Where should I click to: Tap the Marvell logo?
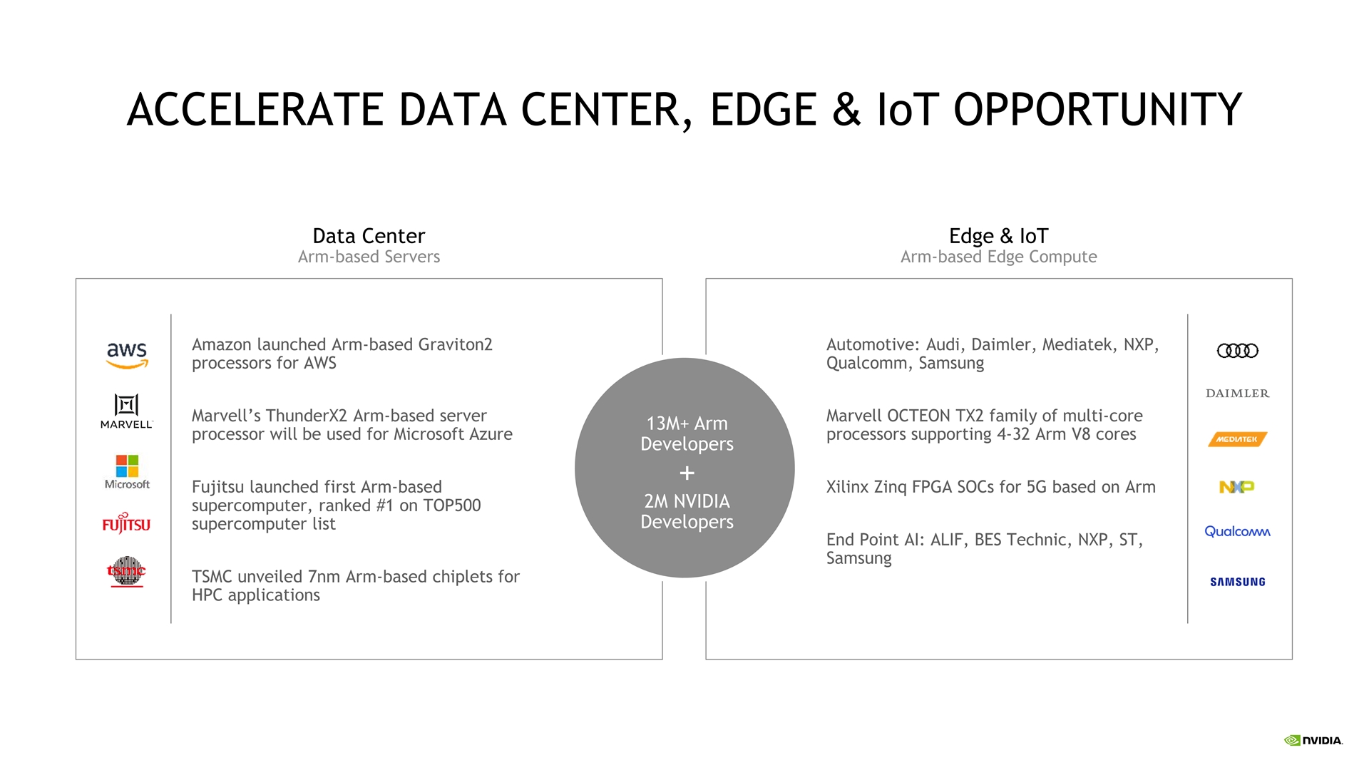click(x=127, y=411)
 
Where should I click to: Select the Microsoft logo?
click(x=127, y=472)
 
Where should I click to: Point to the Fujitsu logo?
click(x=126, y=523)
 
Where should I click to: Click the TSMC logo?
click(x=126, y=572)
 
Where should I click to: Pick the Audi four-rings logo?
click(x=1237, y=351)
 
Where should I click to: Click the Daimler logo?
click(x=1237, y=394)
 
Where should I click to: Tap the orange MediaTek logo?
click(x=1237, y=439)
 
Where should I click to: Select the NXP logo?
click(x=1237, y=487)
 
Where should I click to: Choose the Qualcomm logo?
click(x=1237, y=531)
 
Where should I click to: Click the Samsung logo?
click(x=1238, y=582)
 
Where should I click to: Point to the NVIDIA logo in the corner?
click(x=1313, y=741)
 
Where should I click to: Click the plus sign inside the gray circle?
click(x=687, y=473)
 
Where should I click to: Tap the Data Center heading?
click(x=369, y=236)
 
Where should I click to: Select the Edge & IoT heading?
click(x=998, y=236)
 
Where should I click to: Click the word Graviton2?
click(x=455, y=344)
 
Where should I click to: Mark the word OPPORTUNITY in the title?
click(x=1098, y=110)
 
